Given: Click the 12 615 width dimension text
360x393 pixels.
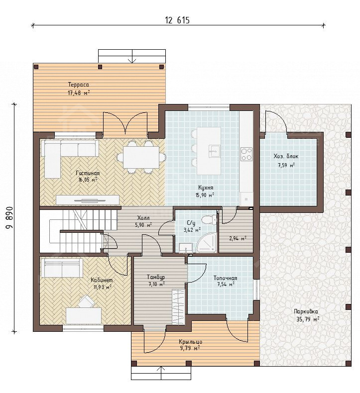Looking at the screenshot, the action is click(177, 20).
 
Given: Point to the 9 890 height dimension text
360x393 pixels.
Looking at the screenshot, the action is click(9, 218).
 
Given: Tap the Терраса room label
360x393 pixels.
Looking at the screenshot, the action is click(79, 85).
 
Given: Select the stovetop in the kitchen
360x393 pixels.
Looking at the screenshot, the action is click(246, 154).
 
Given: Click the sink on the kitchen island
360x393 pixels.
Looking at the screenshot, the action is click(215, 151).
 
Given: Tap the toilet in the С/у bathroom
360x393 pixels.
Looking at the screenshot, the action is click(209, 219).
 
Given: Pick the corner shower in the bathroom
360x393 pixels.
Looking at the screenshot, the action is click(206, 242).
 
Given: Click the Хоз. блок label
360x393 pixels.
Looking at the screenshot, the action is click(286, 156).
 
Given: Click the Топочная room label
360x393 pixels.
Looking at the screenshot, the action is click(225, 278).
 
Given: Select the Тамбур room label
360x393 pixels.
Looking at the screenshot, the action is click(156, 277).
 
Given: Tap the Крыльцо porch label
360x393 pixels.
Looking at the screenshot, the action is click(190, 342).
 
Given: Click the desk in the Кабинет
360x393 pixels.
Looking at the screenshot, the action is click(84, 316).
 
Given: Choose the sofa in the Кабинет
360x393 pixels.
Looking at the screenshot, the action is click(62, 268).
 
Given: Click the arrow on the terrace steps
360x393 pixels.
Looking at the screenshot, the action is click(132, 56).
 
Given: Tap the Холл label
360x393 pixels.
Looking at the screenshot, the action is click(143, 218).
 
